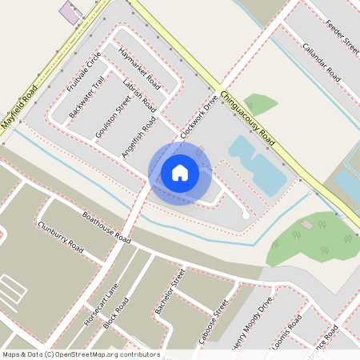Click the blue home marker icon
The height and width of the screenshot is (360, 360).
(180, 173)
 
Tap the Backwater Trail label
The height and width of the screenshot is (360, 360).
(87, 98)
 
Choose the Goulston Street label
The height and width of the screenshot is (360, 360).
(113, 117)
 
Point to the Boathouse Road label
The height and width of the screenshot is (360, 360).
(106, 228)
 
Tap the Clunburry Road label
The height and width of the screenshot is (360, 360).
(60, 238)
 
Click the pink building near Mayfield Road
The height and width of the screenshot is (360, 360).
(70, 13)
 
